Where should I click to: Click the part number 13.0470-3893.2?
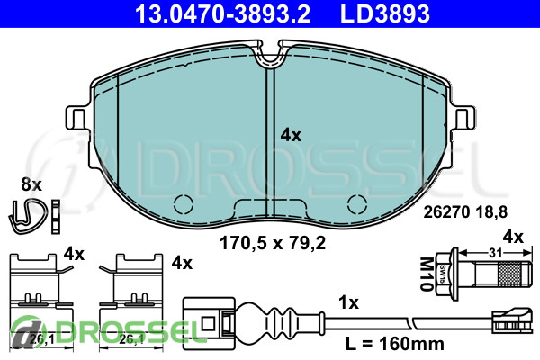point(223,13)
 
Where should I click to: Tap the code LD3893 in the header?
point(385,13)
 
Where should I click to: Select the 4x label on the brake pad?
point(291,135)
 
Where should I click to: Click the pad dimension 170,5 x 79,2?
point(273,243)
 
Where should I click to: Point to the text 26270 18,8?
point(465,212)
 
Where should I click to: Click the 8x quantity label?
point(31,184)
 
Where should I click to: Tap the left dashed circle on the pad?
point(184,204)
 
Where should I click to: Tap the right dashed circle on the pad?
point(357,204)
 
